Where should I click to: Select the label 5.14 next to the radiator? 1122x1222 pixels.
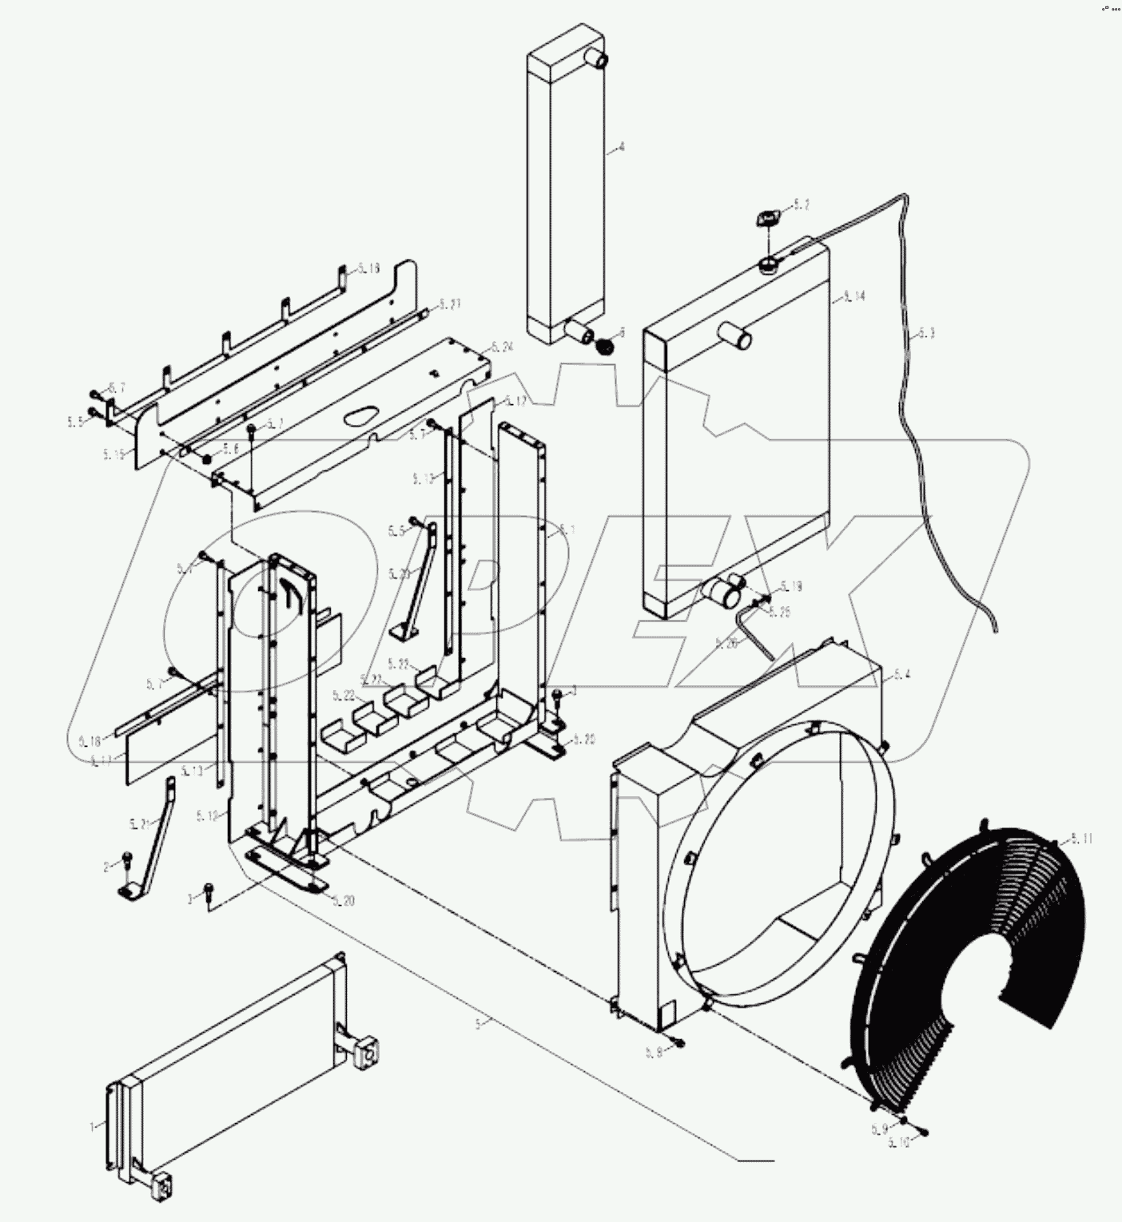(x=853, y=296)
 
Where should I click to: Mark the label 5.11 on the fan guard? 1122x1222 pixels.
(x=1081, y=839)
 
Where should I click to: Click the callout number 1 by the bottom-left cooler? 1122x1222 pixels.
(x=93, y=1126)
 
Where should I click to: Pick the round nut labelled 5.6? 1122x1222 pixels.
(x=206, y=458)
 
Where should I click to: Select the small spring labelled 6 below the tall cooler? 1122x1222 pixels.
(x=606, y=346)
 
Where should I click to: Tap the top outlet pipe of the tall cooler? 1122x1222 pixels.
(x=597, y=58)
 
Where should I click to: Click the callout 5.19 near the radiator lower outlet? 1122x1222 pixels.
(x=790, y=586)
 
